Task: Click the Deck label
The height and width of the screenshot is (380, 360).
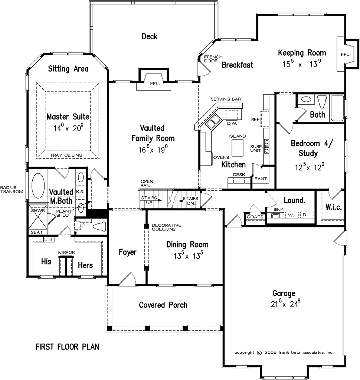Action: pyautogui.click(x=149, y=36)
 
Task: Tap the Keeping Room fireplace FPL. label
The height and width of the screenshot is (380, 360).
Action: pyautogui.click(x=346, y=55)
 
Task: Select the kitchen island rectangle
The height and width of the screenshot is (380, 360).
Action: pyautogui.click(x=237, y=148)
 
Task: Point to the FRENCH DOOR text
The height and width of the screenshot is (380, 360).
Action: pyautogui.click(x=213, y=59)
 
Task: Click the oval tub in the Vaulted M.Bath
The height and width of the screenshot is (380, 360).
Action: pyautogui.click(x=38, y=186)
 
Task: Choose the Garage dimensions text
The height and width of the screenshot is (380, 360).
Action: pyautogui.click(x=285, y=304)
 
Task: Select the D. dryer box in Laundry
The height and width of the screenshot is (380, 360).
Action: pyautogui.click(x=307, y=215)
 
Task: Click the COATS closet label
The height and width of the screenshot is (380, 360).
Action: pyautogui.click(x=255, y=217)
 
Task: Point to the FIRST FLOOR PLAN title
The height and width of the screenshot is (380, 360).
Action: pyautogui.click(x=68, y=347)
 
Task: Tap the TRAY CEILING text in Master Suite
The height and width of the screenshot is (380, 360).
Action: pyautogui.click(x=66, y=155)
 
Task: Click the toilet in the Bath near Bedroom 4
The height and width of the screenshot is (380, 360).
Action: pyautogui.click(x=322, y=102)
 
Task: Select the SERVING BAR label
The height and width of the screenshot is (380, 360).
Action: pyautogui.click(x=226, y=99)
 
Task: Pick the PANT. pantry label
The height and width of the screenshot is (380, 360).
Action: pyautogui.click(x=261, y=179)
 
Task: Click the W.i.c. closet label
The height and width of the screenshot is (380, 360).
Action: pyautogui.click(x=334, y=207)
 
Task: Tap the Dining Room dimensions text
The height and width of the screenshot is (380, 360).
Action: pyautogui.click(x=188, y=255)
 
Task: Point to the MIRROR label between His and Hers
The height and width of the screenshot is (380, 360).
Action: pyautogui.click(x=66, y=252)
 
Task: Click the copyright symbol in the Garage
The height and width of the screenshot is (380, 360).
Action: pyautogui.click(x=259, y=353)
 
